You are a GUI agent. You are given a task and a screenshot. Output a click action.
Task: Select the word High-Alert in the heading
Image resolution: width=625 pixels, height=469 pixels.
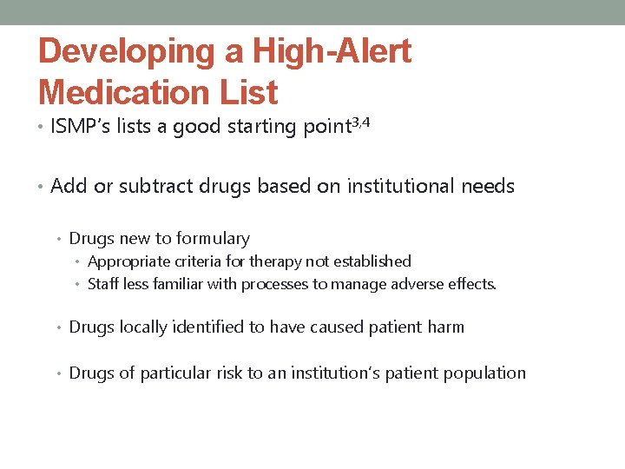(332, 52)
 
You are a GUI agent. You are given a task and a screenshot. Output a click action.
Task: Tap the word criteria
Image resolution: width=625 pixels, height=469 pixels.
(191, 261)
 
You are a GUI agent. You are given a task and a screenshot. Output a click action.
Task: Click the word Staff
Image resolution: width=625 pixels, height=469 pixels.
(104, 284)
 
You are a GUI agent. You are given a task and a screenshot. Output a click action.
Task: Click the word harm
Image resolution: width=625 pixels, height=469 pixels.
(445, 327)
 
